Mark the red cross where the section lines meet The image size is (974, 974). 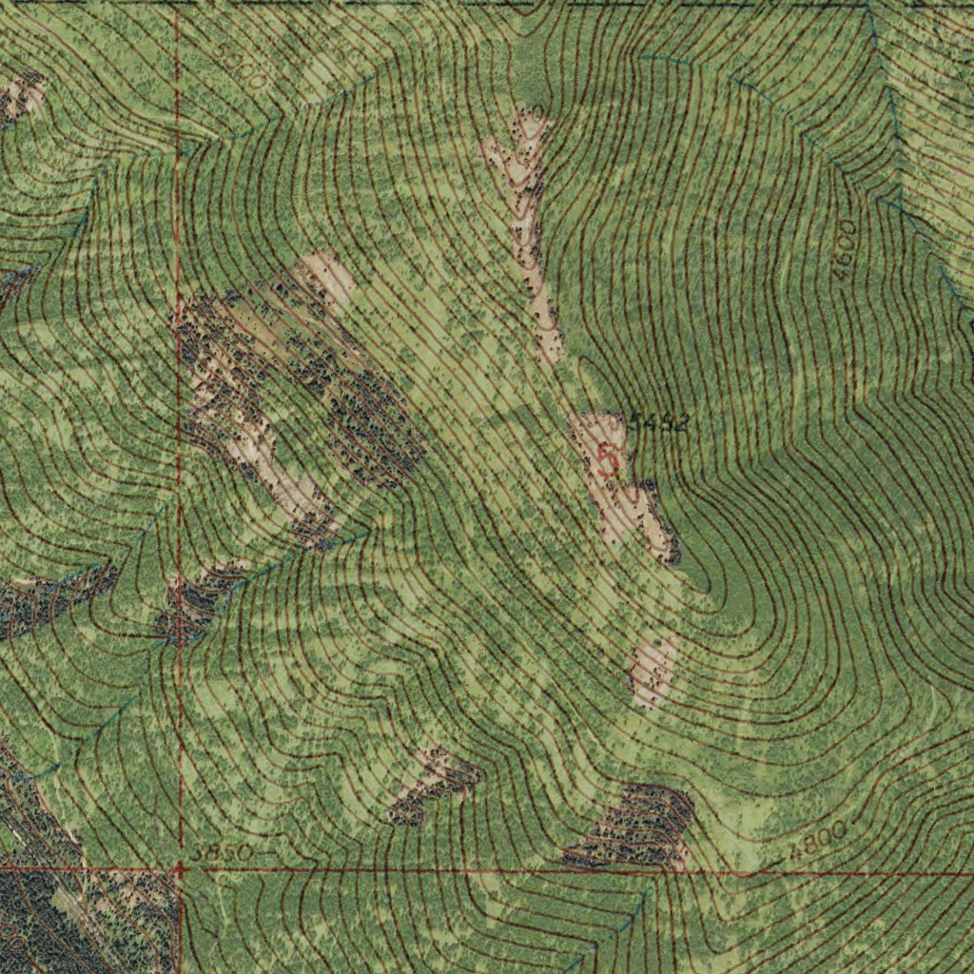click(x=178, y=868)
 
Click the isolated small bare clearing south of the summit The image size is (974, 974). click(x=653, y=671)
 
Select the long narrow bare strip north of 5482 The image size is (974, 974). click(x=526, y=228)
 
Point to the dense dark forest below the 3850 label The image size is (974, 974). click(x=57, y=913)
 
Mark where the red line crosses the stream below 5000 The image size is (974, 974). click(x=178, y=150)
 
